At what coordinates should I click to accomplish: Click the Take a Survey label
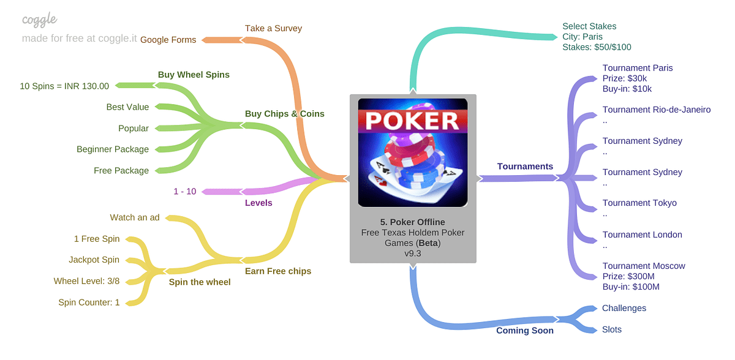click(273, 28)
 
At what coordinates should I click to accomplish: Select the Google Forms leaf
click(168, 40)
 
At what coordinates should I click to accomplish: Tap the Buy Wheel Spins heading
click(194, 75)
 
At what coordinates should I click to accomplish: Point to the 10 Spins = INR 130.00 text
click(64, 86)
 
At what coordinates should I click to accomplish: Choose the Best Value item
click(127, 107)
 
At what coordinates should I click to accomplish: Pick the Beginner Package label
click(113, 149)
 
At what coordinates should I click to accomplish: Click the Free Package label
click(121, 171)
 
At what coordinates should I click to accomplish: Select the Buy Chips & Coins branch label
click(284, 114)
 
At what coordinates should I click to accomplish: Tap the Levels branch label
click(258, 203)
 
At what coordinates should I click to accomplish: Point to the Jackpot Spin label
click(94, 260)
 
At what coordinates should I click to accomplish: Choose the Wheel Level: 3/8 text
click(86, 281)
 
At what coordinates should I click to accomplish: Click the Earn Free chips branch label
click(278, 271)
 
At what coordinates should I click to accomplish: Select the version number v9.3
click(413, 253)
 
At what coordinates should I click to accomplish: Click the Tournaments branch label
click(525, 167)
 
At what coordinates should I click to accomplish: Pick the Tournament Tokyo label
click(639, 203)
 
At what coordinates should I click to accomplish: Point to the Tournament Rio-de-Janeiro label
click(656, 110)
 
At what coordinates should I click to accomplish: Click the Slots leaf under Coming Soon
click(611, 329)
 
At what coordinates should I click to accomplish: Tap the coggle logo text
click(40, 20)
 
